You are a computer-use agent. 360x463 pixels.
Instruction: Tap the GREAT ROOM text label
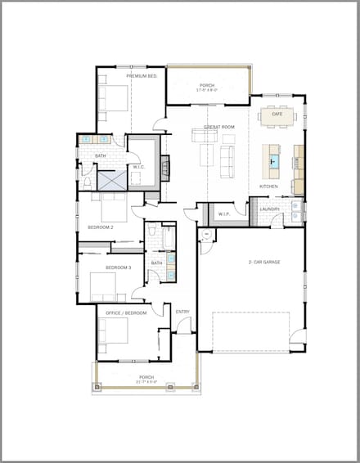point(219,128)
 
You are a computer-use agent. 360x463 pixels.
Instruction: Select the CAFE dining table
point(277,114)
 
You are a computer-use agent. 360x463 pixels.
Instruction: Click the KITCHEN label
point(268,187)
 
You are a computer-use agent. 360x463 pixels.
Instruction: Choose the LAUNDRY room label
point(270,209)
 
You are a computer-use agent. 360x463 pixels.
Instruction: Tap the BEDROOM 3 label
point(118,267)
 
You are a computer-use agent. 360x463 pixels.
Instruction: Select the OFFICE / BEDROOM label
point(126,312)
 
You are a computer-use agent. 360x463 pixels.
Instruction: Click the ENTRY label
point(182,311)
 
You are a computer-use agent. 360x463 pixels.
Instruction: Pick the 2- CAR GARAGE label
point(264,263)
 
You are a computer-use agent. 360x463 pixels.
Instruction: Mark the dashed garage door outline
point(251,330)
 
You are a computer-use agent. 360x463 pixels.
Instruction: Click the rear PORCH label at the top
point(206,86)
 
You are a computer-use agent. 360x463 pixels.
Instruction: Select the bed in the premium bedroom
point(113,98)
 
